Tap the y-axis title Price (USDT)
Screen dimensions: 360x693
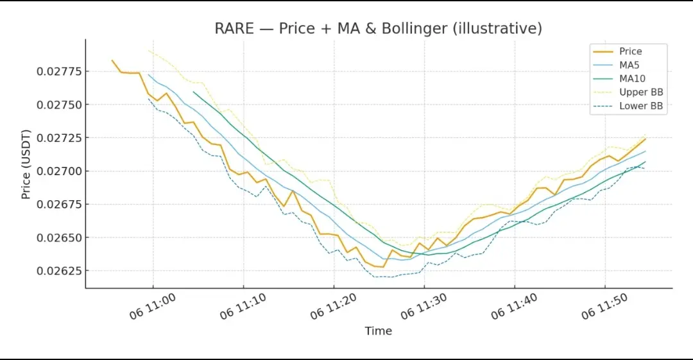point(26,164)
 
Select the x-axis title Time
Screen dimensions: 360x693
point(378,331)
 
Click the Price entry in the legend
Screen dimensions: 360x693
point(630,51)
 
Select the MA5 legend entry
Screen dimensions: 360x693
point(629,65)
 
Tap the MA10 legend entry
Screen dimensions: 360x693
point(631,79)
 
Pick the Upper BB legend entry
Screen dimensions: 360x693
point(640,92)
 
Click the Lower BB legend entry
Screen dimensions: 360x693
point(640,106)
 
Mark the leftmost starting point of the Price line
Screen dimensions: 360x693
point(112,60)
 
